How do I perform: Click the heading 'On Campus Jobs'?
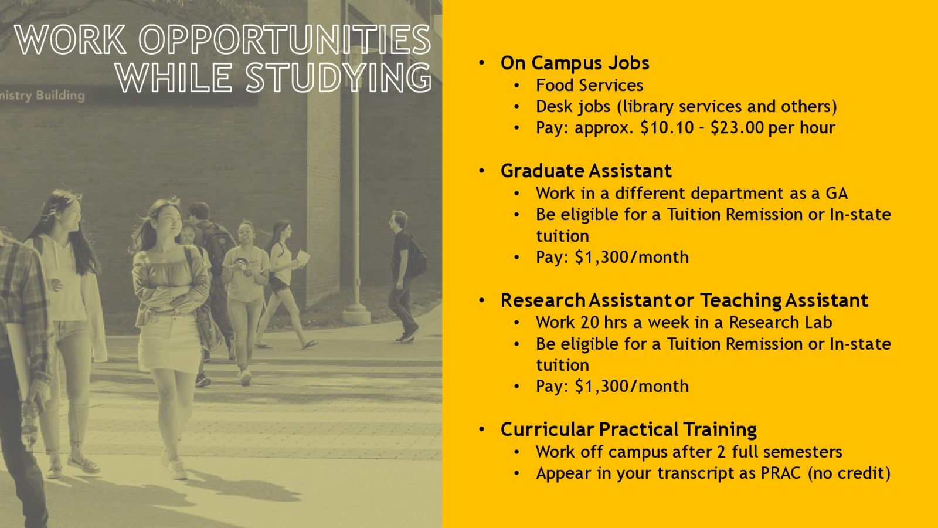[575, 63]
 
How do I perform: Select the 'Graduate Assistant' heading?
[586, 171]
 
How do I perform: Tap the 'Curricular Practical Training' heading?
[628, 429]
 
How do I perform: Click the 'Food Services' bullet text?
[589, 86]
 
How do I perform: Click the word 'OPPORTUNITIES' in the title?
[285, 40]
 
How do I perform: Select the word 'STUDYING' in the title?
[338, 78]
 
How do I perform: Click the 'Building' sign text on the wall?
[60, 96]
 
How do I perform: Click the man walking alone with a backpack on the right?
[405, 276]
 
